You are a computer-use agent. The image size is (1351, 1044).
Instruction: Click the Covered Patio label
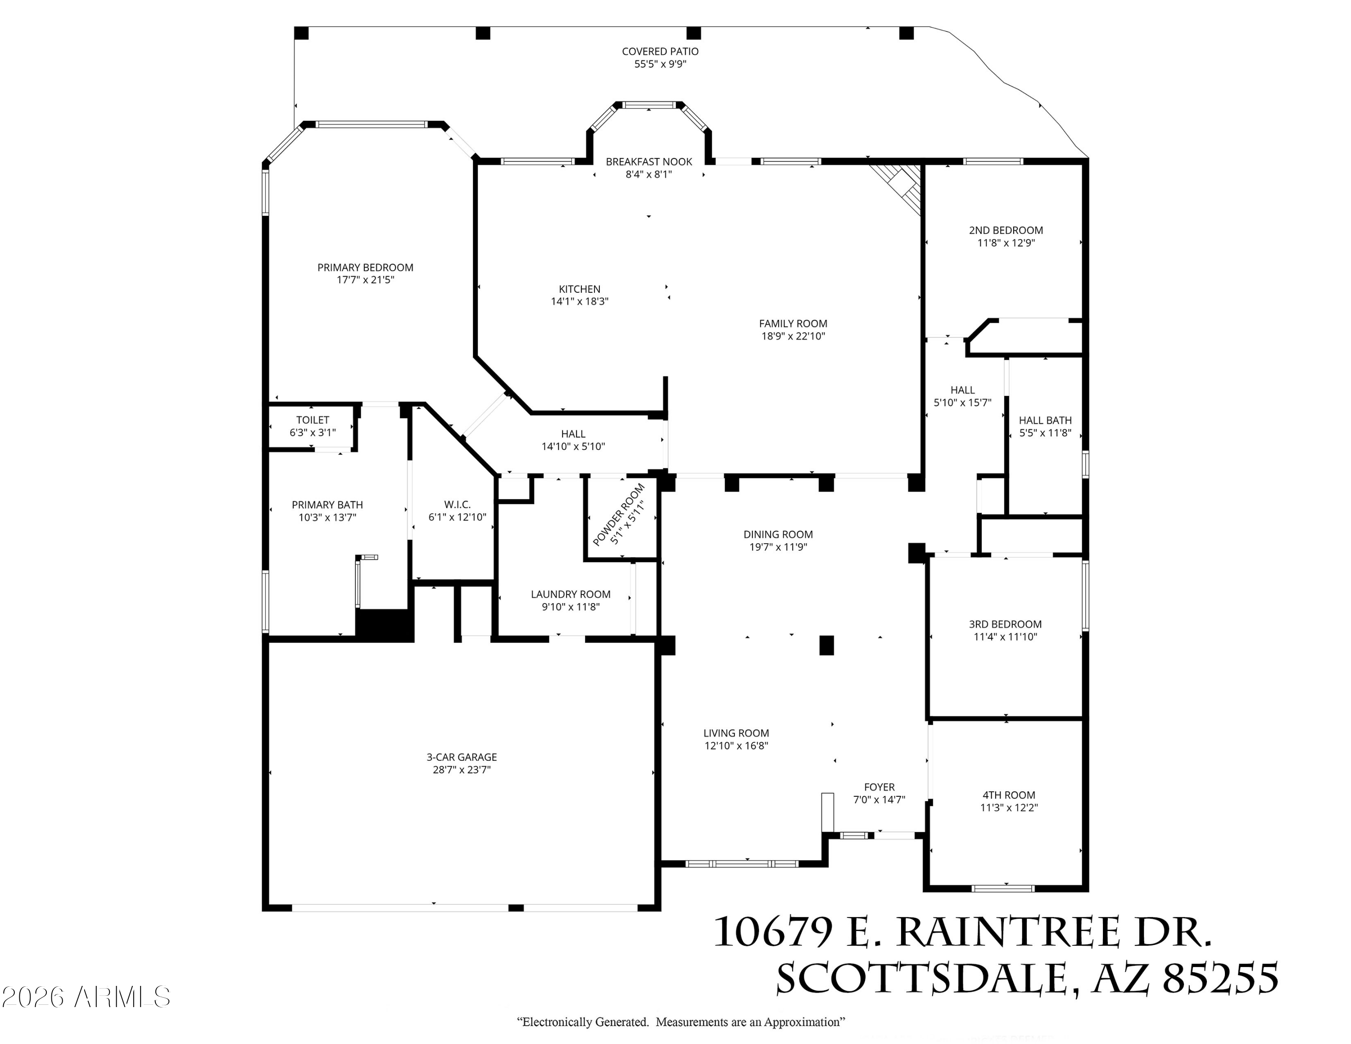click(660, 52)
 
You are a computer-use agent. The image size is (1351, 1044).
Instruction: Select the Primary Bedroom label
click(365, 267)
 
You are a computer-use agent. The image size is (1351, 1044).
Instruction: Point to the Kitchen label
click(580, 289)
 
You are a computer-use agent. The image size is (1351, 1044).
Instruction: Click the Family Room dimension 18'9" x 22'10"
click(793, 336)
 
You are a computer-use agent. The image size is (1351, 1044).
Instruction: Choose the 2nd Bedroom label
click(1006, 230)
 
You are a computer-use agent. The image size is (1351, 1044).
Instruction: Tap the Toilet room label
click(313, 420)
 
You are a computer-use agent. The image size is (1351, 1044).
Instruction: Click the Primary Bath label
click(327, 505)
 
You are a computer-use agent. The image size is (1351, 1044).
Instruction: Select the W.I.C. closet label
click(457, 505)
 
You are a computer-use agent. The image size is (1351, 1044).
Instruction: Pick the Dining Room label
click(778, 534)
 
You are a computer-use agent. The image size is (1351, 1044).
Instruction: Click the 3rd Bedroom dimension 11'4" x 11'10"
click(1005, 636)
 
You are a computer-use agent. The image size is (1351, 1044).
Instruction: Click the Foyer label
click(879, 787)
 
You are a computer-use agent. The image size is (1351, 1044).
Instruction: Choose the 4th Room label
click(1009, 795)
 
